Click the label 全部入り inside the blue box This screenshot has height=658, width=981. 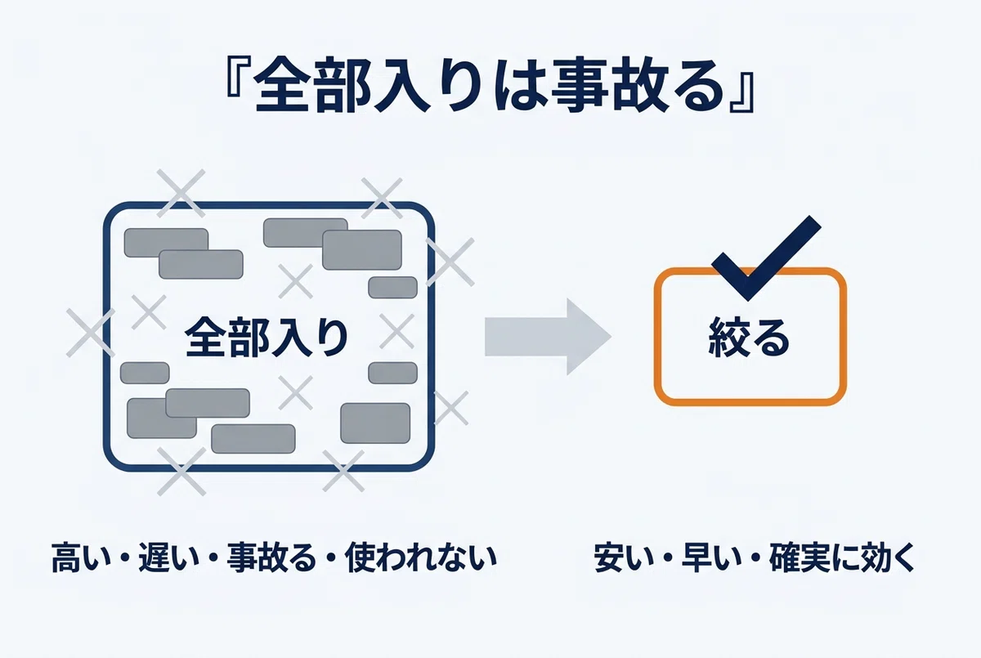[267, 338]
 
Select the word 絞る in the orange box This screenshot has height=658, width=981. [749, 337]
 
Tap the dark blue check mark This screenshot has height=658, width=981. [766, 257]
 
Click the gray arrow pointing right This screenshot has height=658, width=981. [548, 337]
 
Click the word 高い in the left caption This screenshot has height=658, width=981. [83, 557]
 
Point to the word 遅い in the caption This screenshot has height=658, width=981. [169, 557]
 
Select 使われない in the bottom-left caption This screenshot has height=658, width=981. [421, 557]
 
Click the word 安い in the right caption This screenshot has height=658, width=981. [625, 557]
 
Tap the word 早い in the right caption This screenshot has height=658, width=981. [712, 557]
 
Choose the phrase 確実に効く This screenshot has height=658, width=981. [842, 557]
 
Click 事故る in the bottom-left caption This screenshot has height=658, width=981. [271, 557]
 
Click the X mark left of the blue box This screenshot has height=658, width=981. [91, 333]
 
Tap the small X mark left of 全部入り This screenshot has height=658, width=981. [149, 312]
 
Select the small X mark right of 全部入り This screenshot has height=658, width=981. [396, 331]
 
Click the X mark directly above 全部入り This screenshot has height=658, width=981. [296, 281]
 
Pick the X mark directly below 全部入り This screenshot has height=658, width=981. [296, 392]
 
